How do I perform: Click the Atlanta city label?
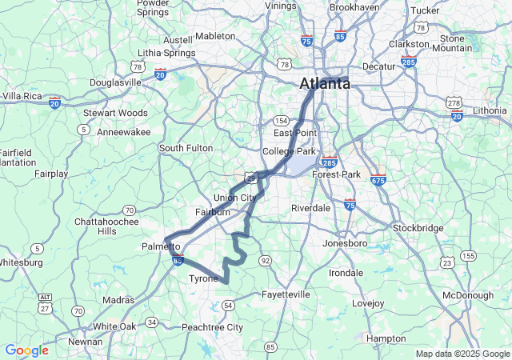(324, 83)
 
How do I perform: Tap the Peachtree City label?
(212, 328)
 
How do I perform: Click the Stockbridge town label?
(418, 228)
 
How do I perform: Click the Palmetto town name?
(161, 246)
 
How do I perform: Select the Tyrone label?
(202, 279)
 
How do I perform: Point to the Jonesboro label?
(344, 243)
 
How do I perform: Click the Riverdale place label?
(311, 207)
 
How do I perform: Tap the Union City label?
(235, 198)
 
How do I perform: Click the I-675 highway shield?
(378, 180)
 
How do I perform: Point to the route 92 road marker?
(265, 261)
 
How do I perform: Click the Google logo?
(26, 350)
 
